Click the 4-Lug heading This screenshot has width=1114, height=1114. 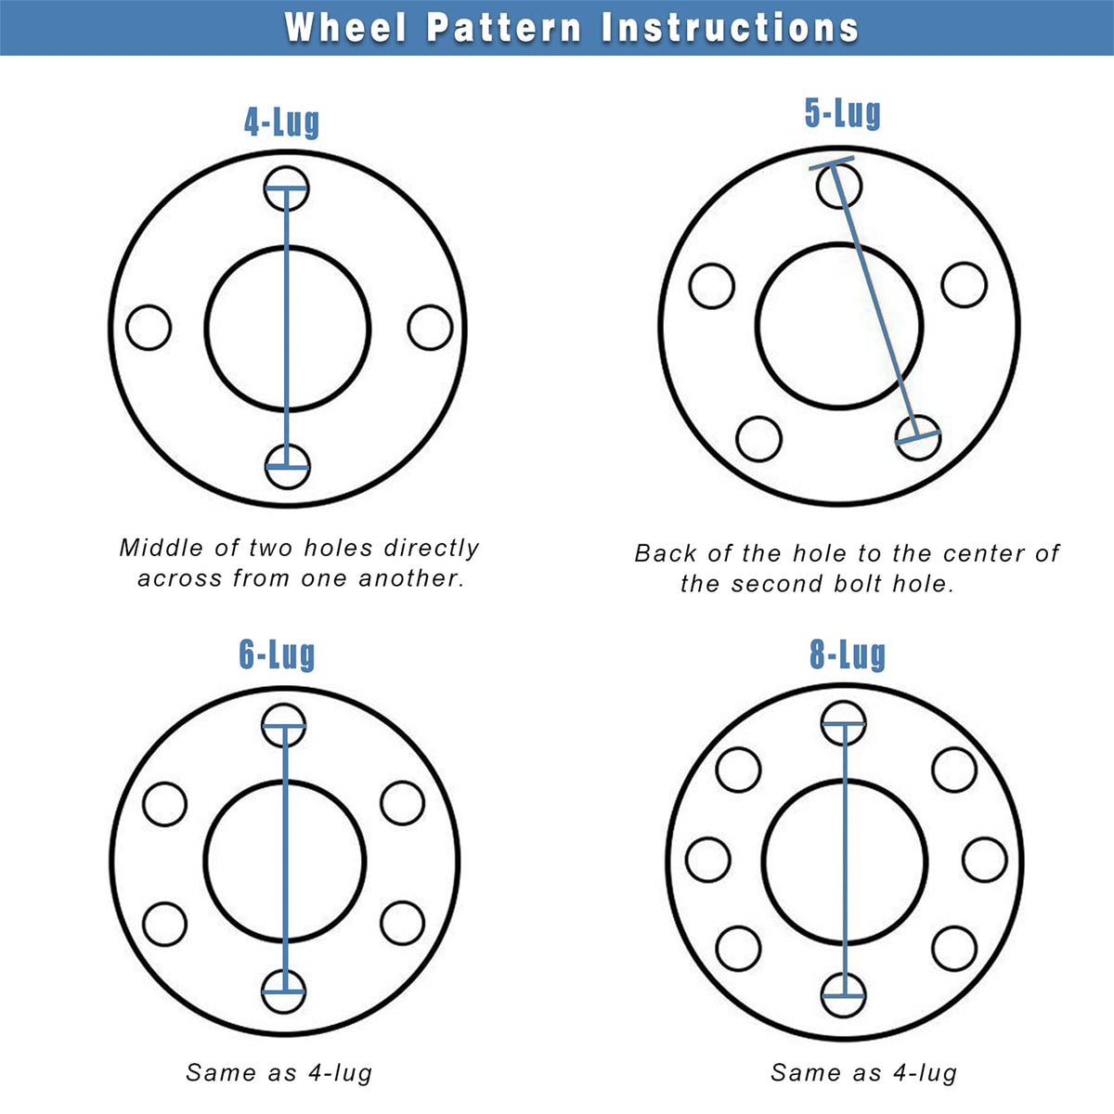(x=281, y=122)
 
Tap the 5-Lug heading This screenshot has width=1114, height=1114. (x=842, y=113)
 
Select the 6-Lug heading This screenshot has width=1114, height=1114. (x=277, y=654)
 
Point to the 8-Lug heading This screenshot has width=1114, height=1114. (x=847, y=654)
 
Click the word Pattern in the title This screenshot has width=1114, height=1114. (x=504, y=27)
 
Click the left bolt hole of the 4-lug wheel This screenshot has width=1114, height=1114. (x=149, y=328)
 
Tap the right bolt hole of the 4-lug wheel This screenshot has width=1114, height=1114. (x=430, y=328)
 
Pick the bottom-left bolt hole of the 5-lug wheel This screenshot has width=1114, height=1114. (x=758, y=439)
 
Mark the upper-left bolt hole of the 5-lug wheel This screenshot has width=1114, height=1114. (x=712, y=286)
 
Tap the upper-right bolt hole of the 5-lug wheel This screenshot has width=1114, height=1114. (x=965, y=285)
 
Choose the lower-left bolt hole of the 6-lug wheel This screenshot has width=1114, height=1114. (x=165, y=923)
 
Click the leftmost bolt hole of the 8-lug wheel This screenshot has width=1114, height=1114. (x=707, y=860)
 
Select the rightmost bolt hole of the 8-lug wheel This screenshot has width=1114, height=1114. (x=985, y=860)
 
